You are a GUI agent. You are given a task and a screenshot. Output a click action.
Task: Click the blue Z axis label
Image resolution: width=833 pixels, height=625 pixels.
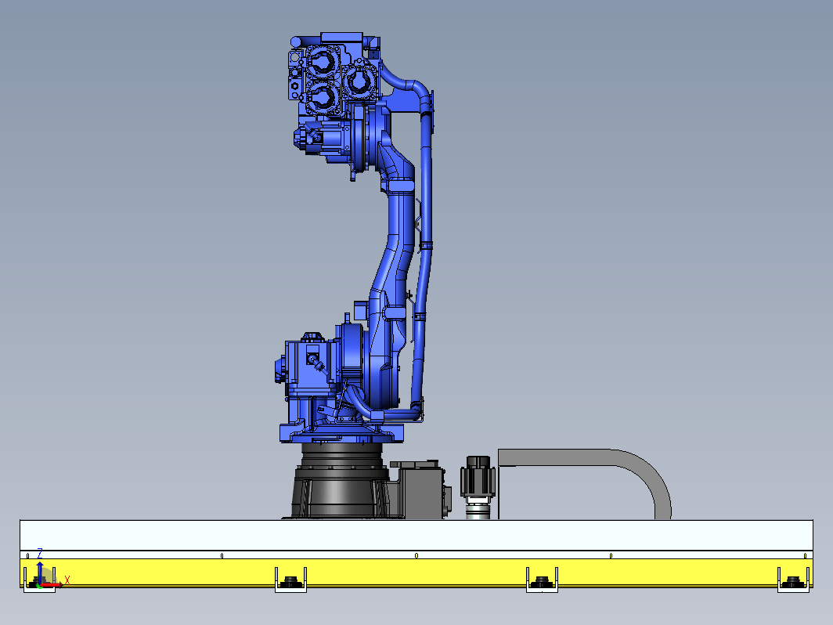pos(40,553)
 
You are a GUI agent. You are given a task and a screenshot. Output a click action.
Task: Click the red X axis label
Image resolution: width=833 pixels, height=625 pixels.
pos(67,580)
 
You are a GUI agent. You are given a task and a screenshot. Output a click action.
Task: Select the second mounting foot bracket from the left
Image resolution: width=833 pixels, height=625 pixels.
pos(290,580)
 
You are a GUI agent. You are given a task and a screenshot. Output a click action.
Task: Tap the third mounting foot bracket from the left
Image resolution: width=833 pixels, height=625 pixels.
pos(542,580)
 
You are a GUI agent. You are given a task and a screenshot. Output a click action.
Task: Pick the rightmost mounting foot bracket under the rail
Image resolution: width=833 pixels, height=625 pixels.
pos(793,580)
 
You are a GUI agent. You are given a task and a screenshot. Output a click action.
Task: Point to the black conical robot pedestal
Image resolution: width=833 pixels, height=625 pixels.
pos(340,481)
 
